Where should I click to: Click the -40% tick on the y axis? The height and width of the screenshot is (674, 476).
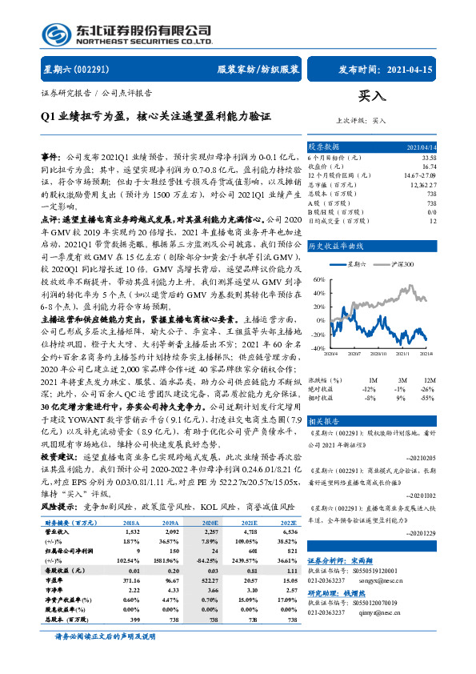(x=318, y=349)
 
